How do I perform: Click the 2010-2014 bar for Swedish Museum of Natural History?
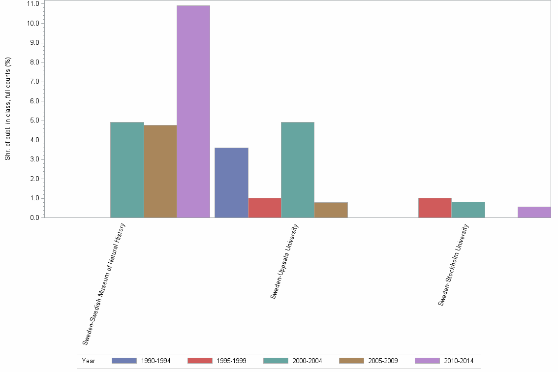coord(193,112)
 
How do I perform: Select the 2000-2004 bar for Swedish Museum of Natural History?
coord(127,170)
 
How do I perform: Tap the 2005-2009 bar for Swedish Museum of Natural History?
coord(160,171)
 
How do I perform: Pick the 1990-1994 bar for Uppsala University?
coord(231,183)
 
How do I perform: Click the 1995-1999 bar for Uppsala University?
coord(265,208)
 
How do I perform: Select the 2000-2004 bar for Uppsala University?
coord(298,170)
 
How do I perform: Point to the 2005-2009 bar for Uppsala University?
coord(331,210)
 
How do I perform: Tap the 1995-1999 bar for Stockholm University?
coord(434,208)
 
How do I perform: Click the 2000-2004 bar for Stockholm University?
coord(468,210)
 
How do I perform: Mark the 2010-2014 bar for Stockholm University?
coord(534,212)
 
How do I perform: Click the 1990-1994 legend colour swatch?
coord(124,361)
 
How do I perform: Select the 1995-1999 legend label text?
coord(232,361)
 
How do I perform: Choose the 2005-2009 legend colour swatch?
coord(351,361)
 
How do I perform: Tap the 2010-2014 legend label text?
coord(459,361)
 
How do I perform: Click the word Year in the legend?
coord(89,361)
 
